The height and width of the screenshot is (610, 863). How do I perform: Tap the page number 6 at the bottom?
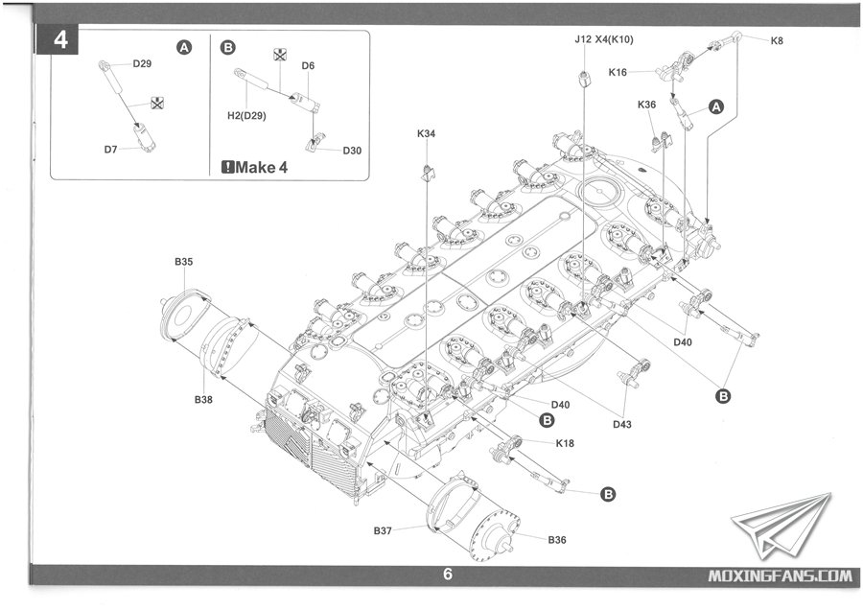[447, 575]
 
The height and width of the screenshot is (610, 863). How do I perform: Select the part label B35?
[183, 261]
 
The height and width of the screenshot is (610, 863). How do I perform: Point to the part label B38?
[202, 399]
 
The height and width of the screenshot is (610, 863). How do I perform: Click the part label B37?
[385, 530]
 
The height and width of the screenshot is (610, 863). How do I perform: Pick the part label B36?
[558, 540]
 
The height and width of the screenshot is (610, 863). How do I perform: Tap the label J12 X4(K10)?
[604, 40]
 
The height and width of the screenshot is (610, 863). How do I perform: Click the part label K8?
[776, 39]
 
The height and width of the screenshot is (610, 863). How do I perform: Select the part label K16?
[618, 72]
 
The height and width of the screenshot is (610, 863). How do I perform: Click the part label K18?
[565, 442]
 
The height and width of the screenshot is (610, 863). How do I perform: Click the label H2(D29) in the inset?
[246, 115]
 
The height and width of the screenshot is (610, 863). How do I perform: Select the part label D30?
[352, 151]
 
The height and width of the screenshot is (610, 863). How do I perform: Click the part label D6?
[308, 65]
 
